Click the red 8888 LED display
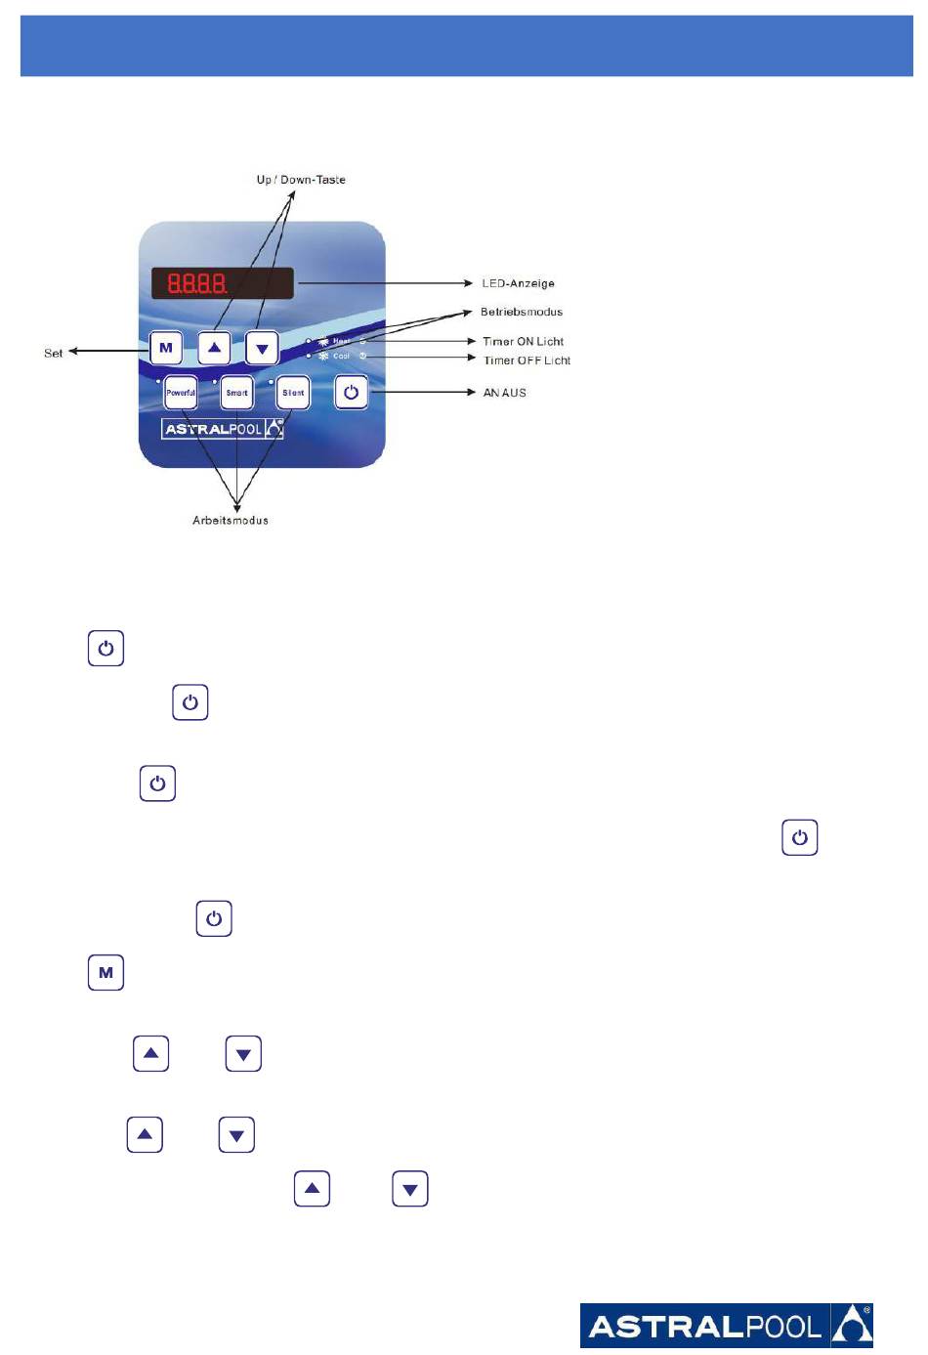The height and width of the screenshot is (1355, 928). (222, 283)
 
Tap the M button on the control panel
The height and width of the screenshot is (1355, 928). (166, 348)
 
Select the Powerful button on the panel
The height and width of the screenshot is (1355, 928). (181, 393)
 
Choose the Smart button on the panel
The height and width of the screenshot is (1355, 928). (236, 393)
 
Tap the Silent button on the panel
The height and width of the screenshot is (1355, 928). (293, 393)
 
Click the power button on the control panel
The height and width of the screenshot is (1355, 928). (352, 393)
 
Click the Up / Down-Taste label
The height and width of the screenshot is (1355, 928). (301, 180)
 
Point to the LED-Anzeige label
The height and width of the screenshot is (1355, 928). (518, 283)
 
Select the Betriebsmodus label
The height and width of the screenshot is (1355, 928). (522, 312)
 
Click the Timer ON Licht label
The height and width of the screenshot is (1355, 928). (523, 341)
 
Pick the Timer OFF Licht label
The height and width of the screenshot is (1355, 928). (527, 360)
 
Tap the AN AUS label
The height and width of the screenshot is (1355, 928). (504, 393)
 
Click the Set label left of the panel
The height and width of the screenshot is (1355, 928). (54, 353)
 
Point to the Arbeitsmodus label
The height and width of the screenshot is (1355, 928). (231, 520)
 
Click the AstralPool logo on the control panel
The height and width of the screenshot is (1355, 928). (223, 429)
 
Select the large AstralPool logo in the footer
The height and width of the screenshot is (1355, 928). (726, 1326)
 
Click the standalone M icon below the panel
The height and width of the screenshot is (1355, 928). (105, 973)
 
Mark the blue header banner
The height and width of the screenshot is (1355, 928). (466, 46)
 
